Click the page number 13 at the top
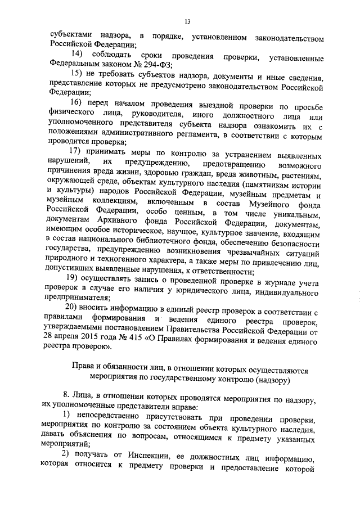[187, 21]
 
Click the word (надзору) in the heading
[271, 380]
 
